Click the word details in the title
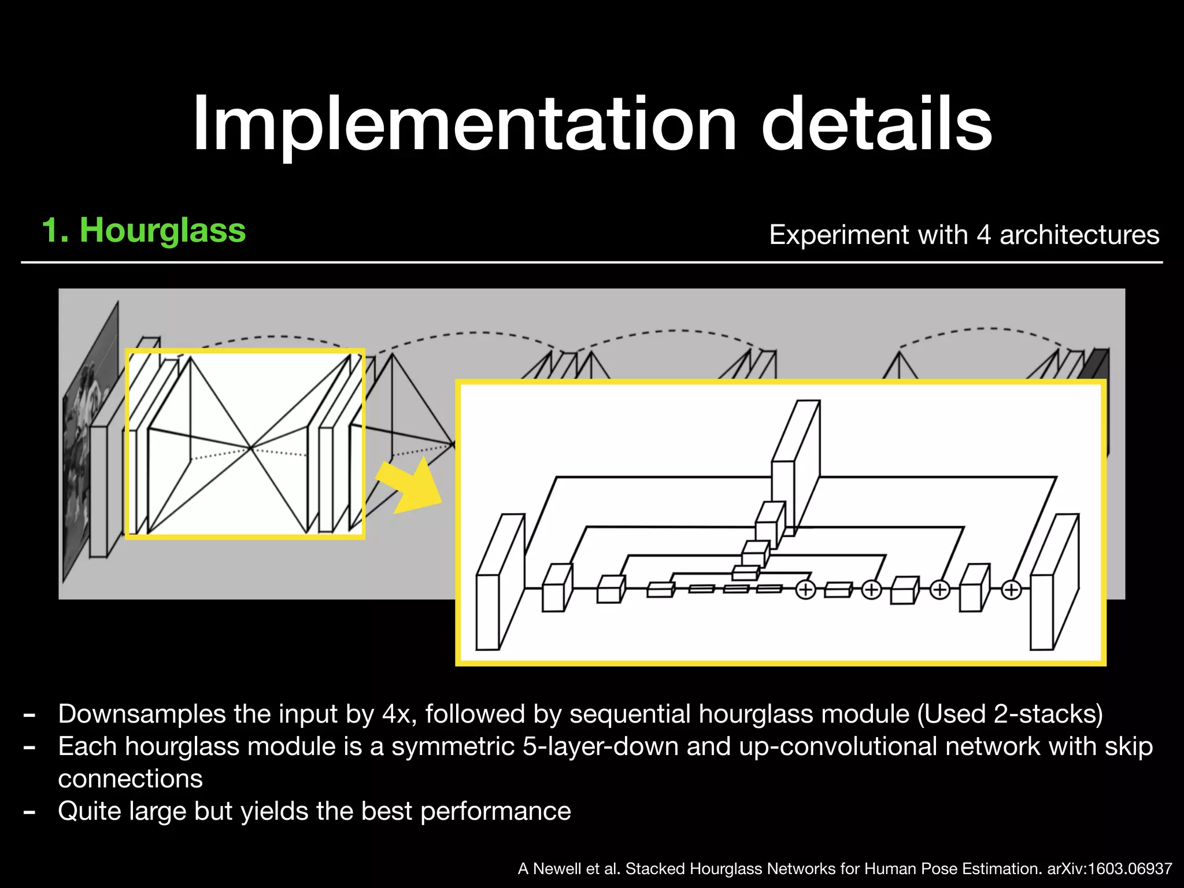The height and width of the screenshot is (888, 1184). (x=876, y=124)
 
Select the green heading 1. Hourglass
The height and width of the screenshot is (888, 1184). (x=144, y=230)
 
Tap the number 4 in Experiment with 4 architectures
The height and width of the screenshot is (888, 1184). (x=984, y=235)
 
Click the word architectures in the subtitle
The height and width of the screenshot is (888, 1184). (x=1079, y=235)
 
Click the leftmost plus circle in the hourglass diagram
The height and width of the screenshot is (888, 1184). (x=805, y=590)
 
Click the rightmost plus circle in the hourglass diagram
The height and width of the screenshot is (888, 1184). (x=1011, y=590)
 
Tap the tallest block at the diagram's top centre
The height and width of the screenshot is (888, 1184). (x=795, y=462)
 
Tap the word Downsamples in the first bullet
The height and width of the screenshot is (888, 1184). (x=142, y=714)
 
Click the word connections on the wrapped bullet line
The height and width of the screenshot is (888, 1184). (x=131, y=779)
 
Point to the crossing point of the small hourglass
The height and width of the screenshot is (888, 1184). (x=250, y=447)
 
